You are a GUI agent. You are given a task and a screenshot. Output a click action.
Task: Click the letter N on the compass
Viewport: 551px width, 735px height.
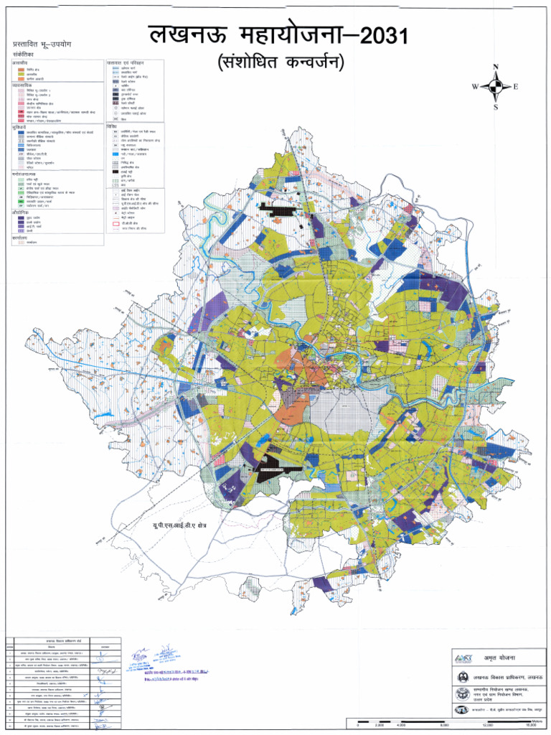[495, 67]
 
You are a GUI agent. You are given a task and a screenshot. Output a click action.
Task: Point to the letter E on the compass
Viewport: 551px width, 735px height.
[516, 87]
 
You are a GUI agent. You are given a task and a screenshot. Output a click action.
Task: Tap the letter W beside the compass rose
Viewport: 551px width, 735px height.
[474, 87]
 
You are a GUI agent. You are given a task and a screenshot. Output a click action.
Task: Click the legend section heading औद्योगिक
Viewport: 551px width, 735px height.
[22, 213]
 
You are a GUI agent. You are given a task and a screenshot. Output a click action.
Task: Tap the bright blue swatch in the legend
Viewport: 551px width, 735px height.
[114, 154]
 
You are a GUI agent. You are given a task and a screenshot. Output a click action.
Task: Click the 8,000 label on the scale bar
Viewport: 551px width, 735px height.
[445, 725]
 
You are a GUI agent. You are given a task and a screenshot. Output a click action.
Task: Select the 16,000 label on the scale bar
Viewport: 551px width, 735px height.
[532, 725]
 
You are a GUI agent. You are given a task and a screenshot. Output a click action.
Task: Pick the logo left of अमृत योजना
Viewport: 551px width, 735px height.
[462, 658]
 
